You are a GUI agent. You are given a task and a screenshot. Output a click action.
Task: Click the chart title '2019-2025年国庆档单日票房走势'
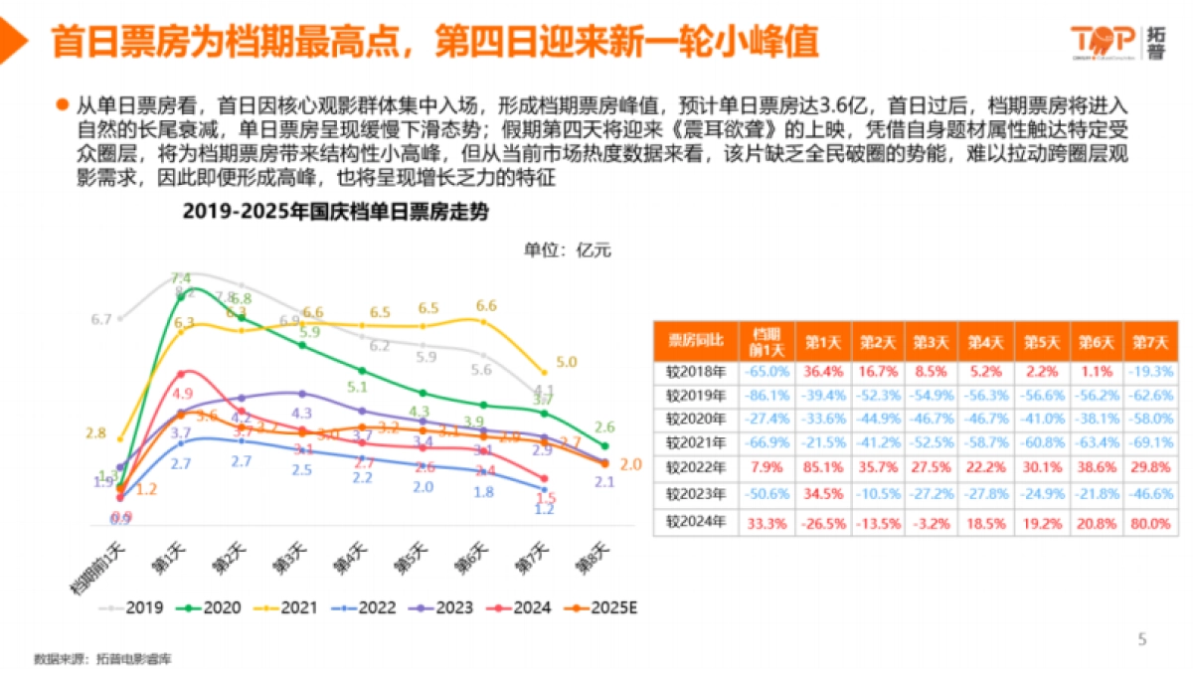click(x=335, y=213)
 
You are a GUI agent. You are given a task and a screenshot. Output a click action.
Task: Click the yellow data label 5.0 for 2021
click(x=567, y=363)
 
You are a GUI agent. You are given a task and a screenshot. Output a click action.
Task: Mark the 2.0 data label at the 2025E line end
click(x=630, y=464)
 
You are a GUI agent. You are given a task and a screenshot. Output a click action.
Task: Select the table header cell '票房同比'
click(x=695, y=341)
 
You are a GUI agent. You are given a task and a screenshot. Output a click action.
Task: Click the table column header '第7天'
click(x=1149, y=341)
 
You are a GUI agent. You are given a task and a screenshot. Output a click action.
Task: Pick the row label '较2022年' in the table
click(x=695, y=467)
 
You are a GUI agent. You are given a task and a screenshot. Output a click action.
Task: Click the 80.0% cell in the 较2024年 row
click(x=1149, y=520)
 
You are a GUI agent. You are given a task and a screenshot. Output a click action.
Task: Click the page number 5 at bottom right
click(x=1142, y=639)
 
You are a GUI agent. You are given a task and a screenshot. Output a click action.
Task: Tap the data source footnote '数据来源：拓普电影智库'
click(x=94, y=658)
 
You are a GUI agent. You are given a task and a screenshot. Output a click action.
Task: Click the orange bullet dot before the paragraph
click(x=62, y=104)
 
